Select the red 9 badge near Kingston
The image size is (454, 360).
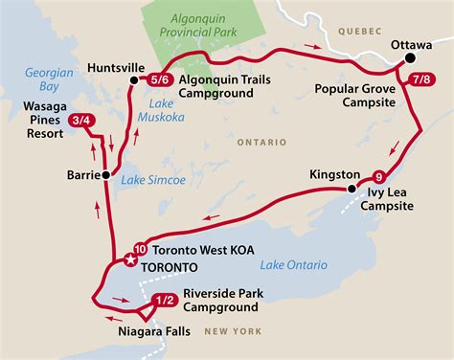tap(379, 176)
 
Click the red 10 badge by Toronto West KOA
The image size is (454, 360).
tap(141, 248)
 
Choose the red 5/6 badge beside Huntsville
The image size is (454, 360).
tap(160, 79)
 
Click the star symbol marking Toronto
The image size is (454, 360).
tap(131, 259)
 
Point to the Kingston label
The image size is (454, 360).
tap(335, 175)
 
